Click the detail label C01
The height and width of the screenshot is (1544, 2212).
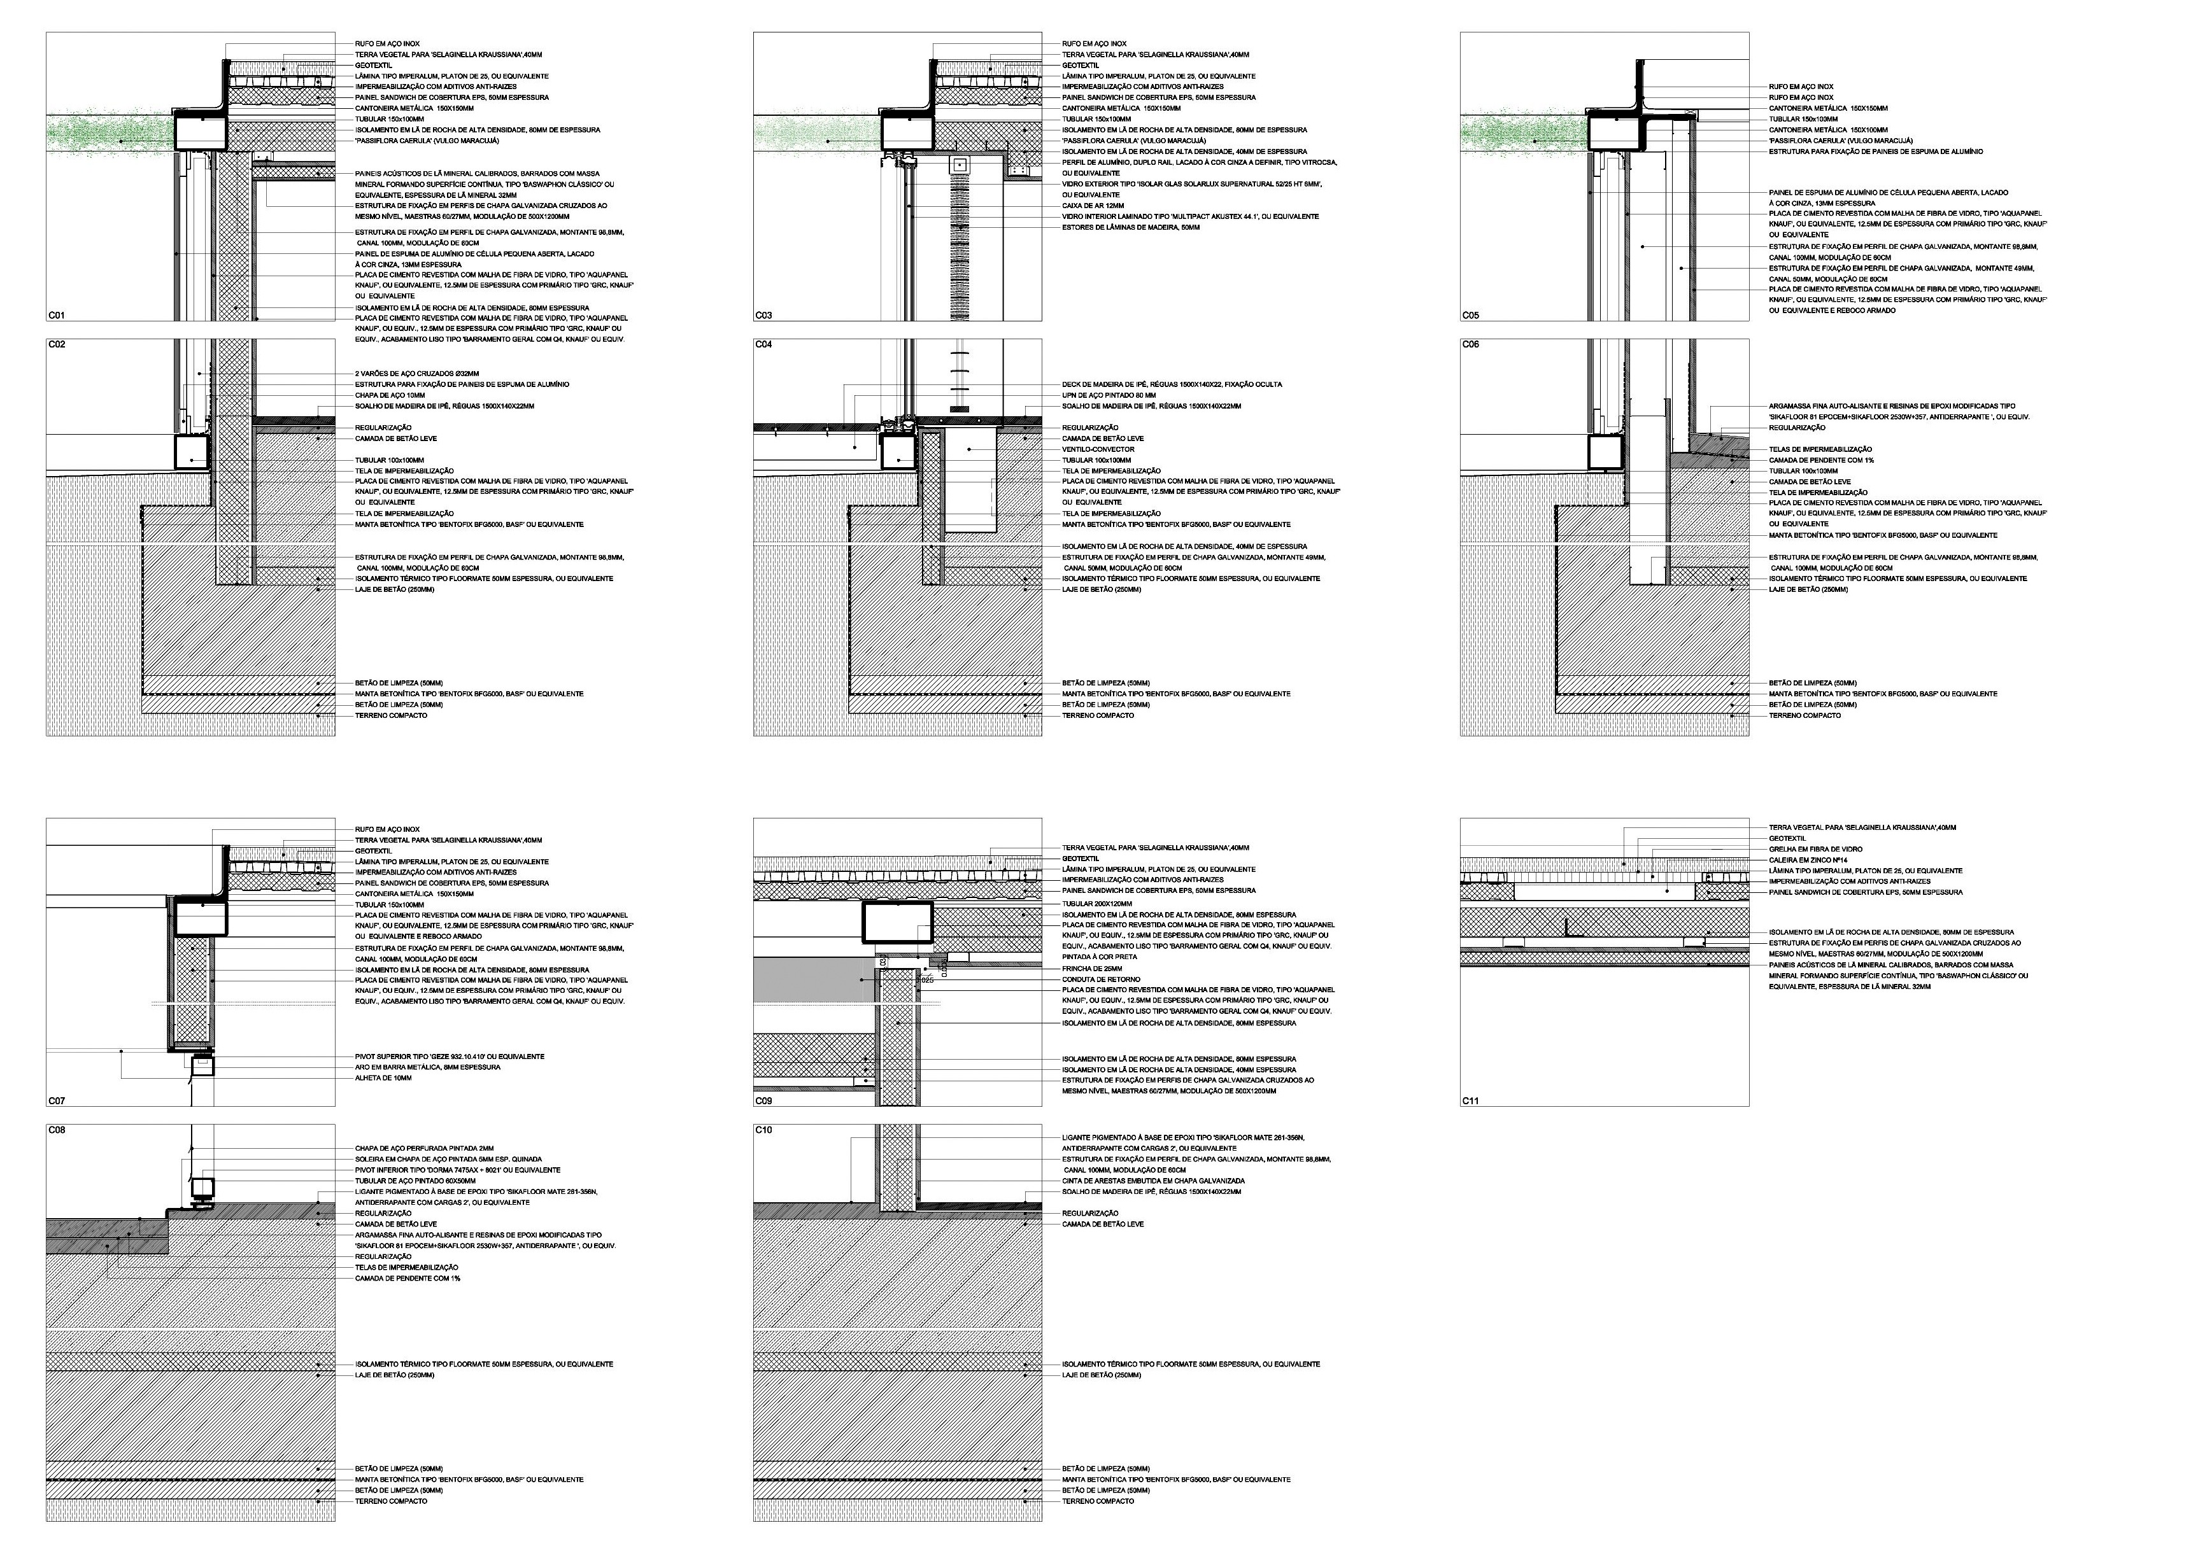pos(56,315)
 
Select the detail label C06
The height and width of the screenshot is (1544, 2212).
pos(1470,345)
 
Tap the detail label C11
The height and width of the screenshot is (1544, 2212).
pos(1470,1100)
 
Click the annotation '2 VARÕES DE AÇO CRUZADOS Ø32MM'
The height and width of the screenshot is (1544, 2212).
pos(416,374)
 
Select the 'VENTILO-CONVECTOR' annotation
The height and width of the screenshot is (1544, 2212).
pos(1098,449)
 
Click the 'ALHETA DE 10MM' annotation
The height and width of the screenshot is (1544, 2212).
pos(383,1078)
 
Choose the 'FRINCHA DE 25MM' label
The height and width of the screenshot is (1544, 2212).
pos(1091,968)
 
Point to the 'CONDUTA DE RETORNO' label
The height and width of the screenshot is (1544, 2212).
pos(1099,979)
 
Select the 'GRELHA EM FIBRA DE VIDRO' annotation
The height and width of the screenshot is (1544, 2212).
pos(1815,848)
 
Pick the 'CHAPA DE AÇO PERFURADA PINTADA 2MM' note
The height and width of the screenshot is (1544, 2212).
pos(424,1148)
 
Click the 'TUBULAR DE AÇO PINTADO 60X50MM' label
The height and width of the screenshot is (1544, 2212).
pos(415,1181)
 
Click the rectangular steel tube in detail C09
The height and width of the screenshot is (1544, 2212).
pos(897,921)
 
